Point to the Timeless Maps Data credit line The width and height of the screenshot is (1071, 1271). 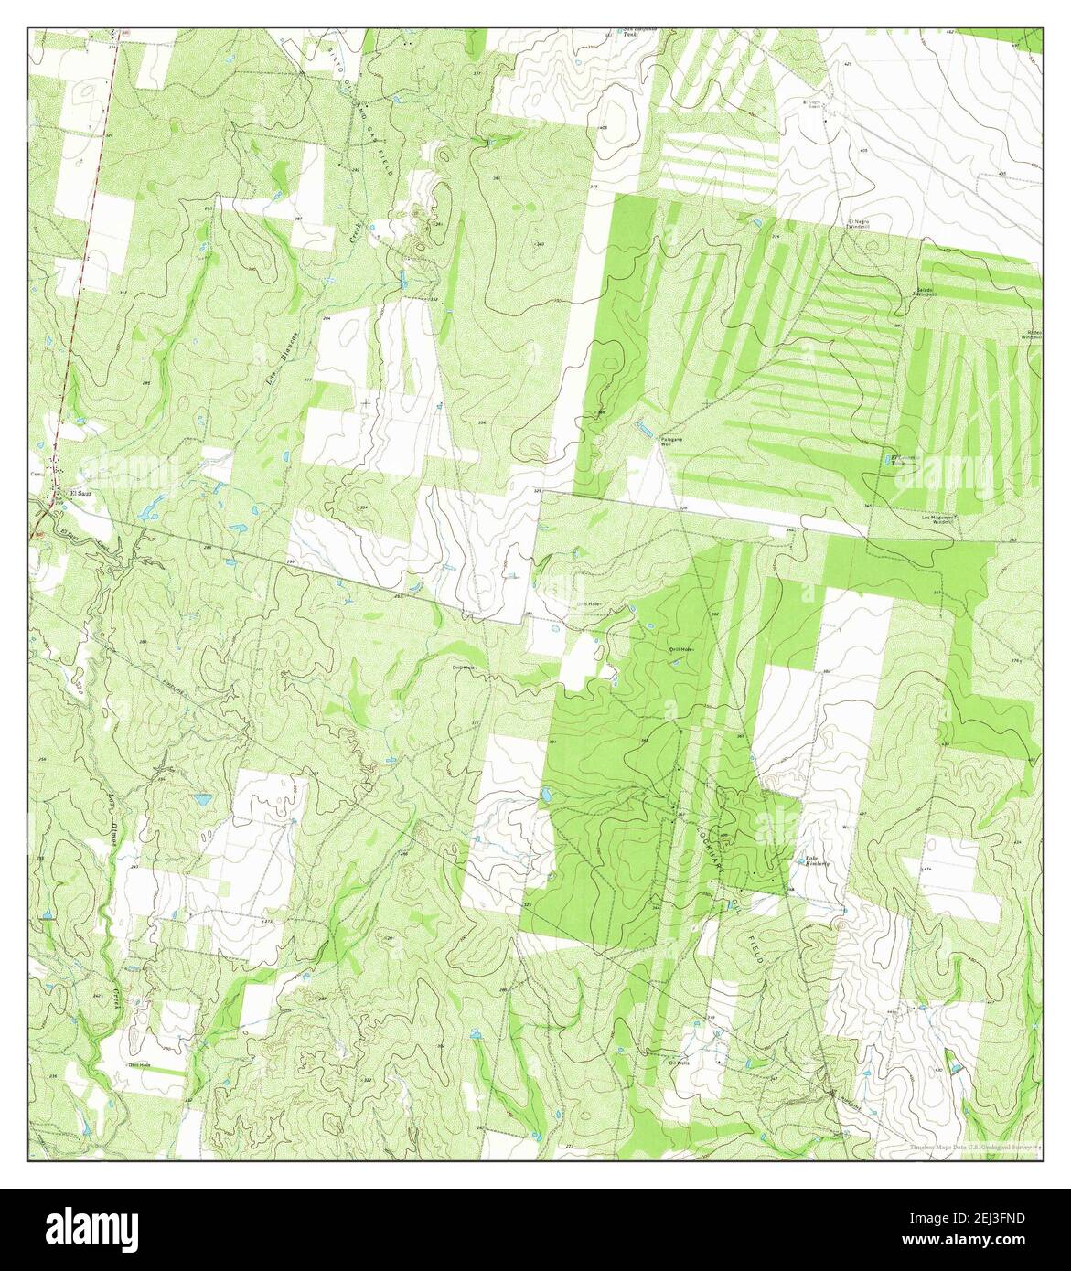[x=969, y=1148]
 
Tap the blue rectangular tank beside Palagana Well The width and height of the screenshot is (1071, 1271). [x=645, y=425]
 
